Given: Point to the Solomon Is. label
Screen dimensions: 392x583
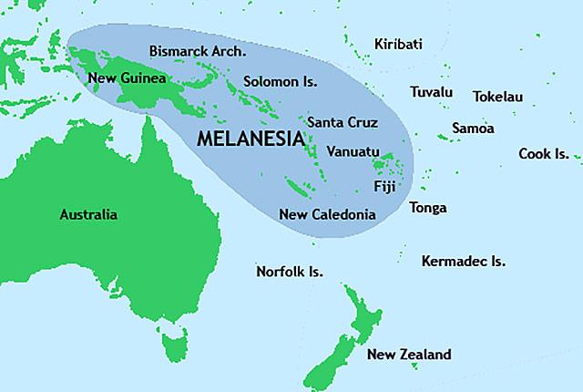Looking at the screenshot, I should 280,82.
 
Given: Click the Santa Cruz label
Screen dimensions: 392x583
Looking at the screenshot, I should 343,121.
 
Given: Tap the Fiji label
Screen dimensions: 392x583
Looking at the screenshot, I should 385,187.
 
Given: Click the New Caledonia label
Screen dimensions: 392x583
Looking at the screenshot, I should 327,215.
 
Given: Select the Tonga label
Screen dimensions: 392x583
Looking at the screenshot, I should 428,208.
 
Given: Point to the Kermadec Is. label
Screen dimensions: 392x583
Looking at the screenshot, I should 463,262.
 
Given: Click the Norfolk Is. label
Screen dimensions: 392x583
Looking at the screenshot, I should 290,272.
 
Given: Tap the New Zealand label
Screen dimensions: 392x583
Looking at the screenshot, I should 408,355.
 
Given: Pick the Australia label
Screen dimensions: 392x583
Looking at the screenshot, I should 88,215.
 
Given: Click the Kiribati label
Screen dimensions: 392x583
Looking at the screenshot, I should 398,44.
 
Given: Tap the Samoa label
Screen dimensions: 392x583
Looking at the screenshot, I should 475,129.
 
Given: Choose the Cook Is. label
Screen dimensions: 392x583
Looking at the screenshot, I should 544,153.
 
